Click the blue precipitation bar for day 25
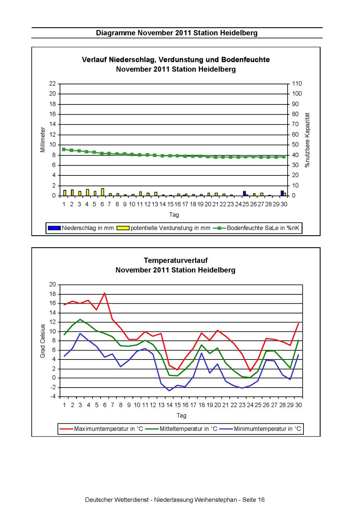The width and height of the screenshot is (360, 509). point(244,193)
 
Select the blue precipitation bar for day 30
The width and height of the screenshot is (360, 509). point(282,193)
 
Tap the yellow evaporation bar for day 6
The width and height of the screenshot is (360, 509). point(103,192)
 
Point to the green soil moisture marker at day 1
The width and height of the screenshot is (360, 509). point(64,149)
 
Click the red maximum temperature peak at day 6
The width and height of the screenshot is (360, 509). point(105,293)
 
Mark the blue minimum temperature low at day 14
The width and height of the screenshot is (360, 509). point(169,390)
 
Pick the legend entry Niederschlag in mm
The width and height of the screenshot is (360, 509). point(81,228)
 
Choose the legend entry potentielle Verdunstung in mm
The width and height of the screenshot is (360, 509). point(163,228)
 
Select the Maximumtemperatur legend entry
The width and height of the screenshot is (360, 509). point(101,429)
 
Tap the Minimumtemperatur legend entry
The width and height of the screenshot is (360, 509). point(260,429)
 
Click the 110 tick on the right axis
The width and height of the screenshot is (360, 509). point(297,84)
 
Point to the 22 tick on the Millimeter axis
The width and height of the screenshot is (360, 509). point(53,84)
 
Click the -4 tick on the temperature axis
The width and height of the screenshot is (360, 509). point(53,397)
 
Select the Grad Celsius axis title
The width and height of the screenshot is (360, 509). point(42,341)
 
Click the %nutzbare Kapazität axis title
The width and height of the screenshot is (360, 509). point(307,140)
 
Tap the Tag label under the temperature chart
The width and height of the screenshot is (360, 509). point(181,416)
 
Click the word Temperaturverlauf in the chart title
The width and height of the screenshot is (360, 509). point(176,260)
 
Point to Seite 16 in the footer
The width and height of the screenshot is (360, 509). point(253,500)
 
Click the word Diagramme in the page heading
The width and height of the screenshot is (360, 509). point(116,33)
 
